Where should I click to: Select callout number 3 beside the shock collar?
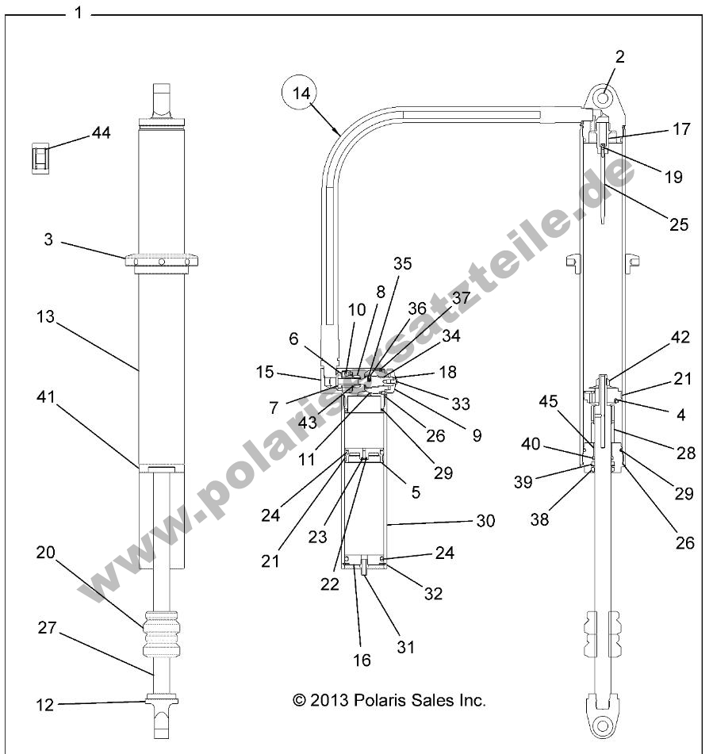point(48,239)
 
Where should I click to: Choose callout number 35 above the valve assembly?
point(402,264)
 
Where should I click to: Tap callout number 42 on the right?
point(657,337)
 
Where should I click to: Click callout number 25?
point(678,224)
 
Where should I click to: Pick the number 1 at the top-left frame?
point(78,14)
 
